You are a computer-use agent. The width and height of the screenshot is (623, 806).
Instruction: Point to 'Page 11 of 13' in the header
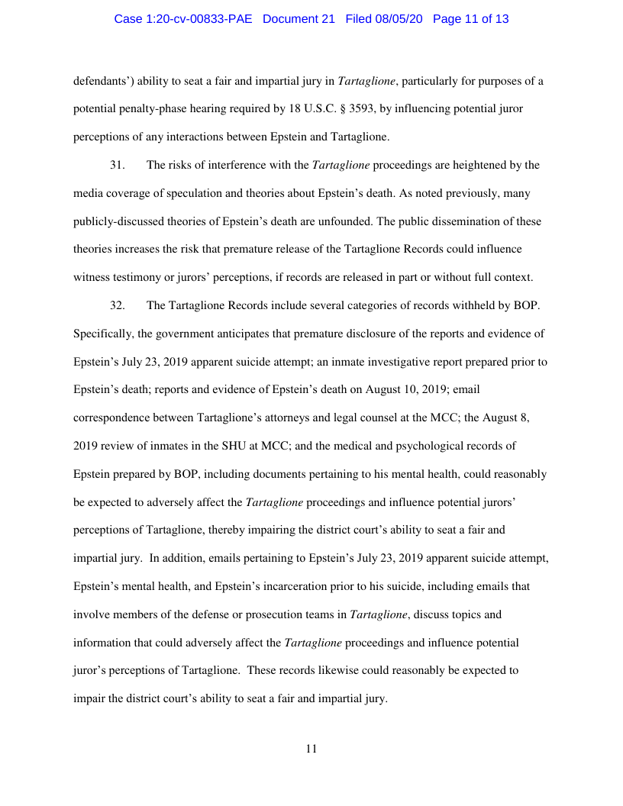click(470, 19)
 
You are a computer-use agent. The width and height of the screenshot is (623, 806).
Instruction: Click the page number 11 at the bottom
click(311, 749)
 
